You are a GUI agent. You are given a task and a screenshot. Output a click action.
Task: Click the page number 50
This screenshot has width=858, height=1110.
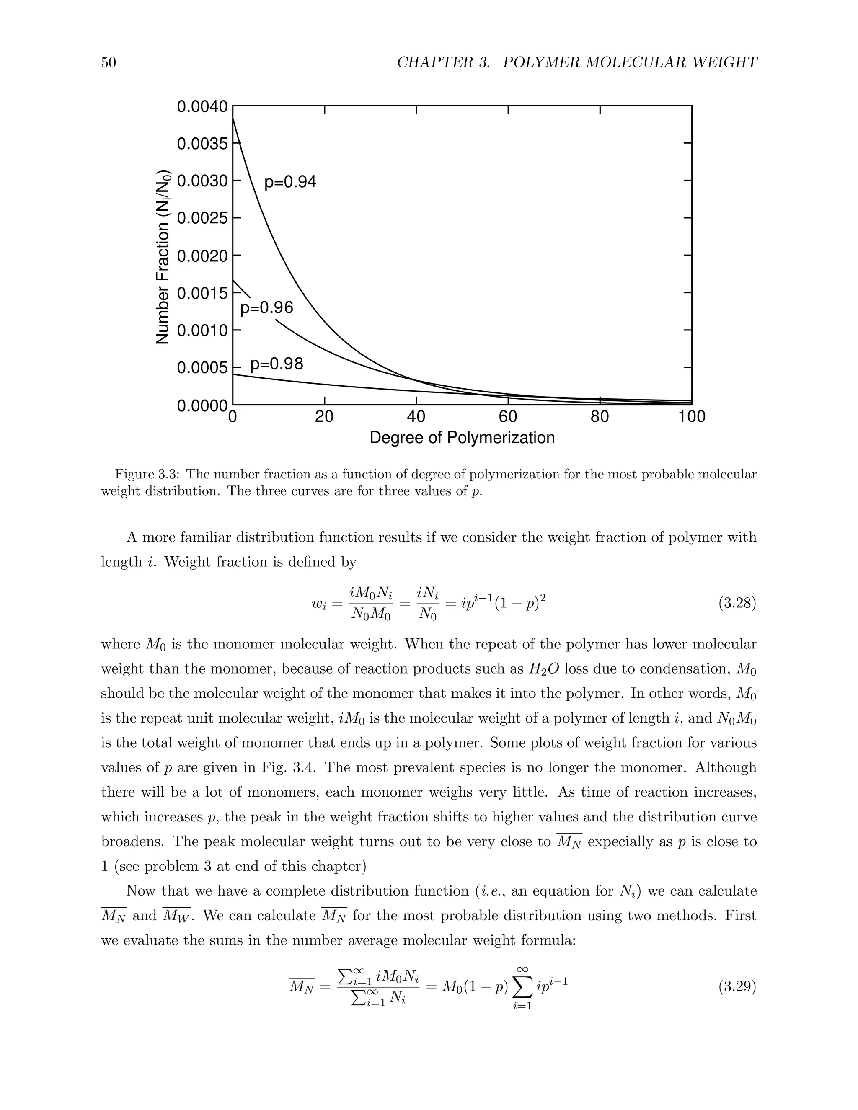click(x=109, y=62)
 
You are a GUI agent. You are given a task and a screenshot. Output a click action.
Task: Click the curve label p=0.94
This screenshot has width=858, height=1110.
click(x=290, y=182)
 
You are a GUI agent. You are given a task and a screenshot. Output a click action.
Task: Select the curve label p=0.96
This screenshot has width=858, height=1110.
click(x=266, y=307)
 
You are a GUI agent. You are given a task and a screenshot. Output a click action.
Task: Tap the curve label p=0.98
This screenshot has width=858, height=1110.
click(x=277, y=364)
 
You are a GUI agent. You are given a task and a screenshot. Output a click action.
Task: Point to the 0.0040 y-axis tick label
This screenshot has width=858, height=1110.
click(x=202, y=107)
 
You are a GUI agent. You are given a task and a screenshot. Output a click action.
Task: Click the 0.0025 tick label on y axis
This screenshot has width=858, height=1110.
click(x=202, y=219)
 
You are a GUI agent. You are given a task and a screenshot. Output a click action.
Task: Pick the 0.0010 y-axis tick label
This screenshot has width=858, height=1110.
click(x=202, y=331)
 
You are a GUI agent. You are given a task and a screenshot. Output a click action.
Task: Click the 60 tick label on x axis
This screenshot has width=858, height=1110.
click(x=508, y=417)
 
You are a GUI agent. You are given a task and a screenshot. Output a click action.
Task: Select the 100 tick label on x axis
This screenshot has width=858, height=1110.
click(x=691, y=417)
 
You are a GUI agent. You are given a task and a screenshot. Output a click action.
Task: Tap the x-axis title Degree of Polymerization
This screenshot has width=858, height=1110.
click(x=462, y=438)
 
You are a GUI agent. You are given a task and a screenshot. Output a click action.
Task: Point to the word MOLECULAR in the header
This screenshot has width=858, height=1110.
click(x=629, y=62)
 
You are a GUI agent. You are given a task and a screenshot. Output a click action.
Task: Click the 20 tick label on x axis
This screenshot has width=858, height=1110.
click(x=324, y=417)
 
